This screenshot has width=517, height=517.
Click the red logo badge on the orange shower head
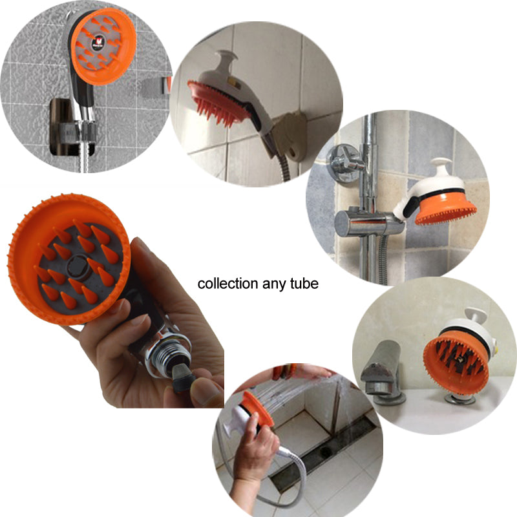[x=98, y=43]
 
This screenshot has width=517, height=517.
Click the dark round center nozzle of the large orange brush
[x=78, y=266]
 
